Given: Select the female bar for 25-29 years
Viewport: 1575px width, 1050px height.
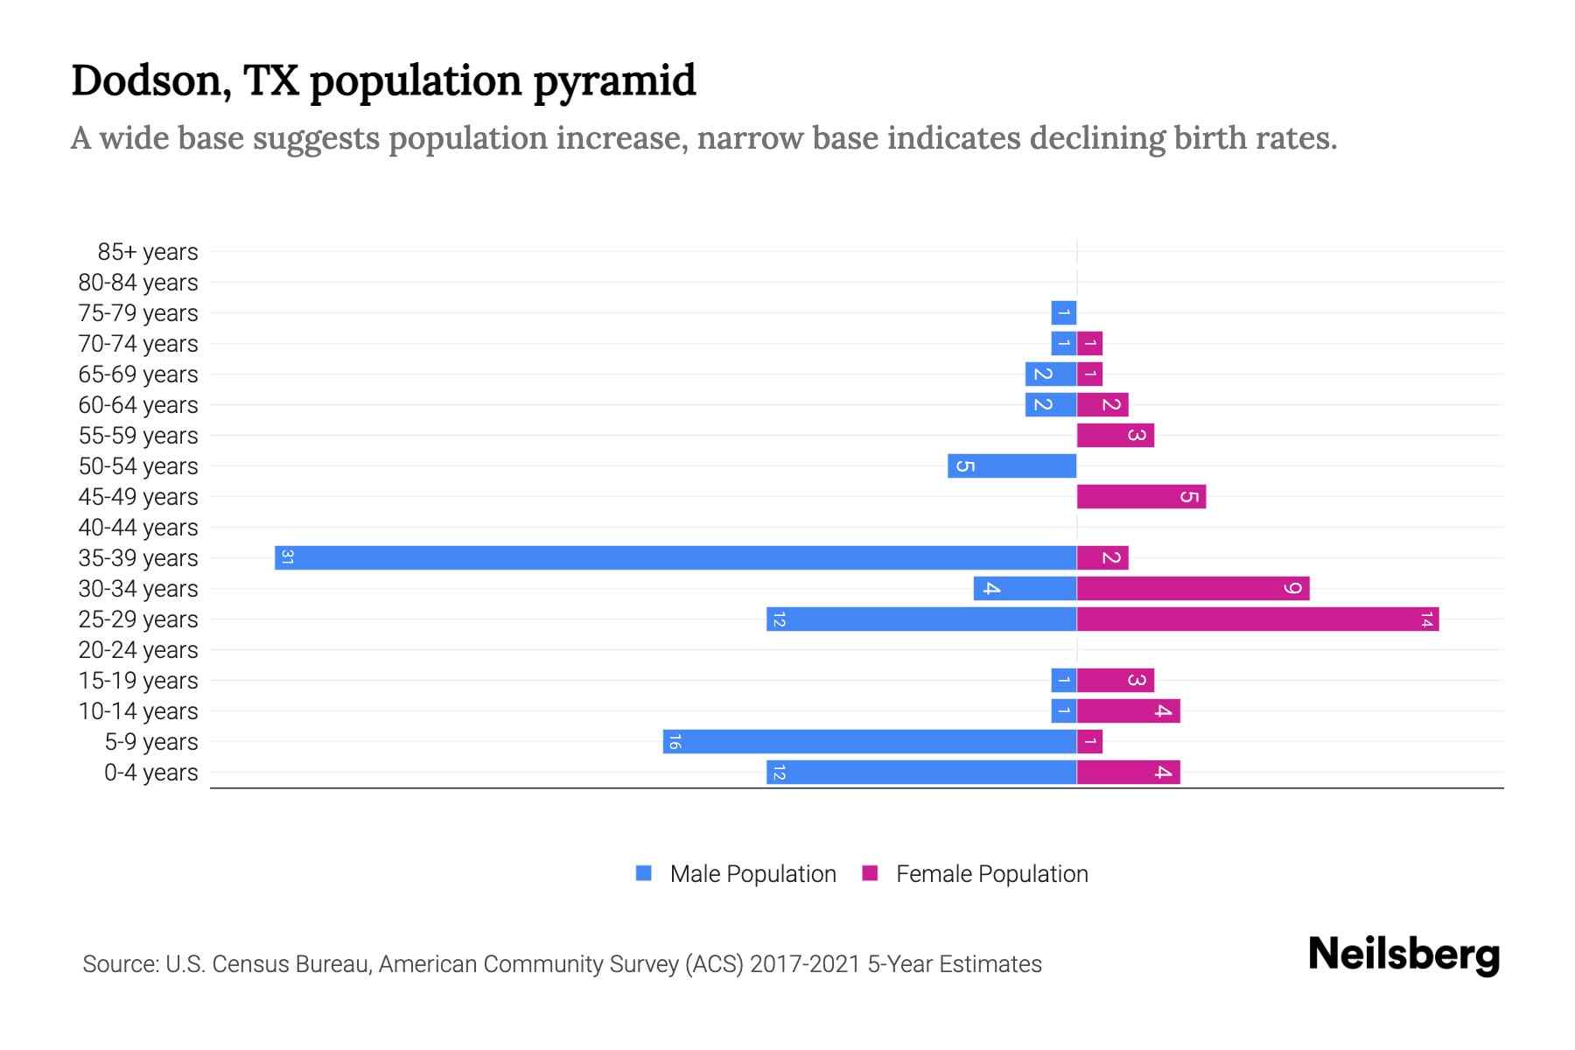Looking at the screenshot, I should (1257, 619).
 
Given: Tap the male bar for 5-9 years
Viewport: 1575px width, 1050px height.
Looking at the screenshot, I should (870, 742).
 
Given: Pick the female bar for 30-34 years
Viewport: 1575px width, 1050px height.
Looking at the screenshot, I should (1193, 589).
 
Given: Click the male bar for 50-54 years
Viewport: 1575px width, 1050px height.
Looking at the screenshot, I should (1011, 466).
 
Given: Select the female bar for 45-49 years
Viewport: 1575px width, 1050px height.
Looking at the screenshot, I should (1141, 497).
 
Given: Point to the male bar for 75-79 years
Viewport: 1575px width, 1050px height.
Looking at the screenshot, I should (1063, 313).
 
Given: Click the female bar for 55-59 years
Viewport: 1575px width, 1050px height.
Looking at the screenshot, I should (1116, 436).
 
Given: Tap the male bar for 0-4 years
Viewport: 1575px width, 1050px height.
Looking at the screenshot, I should (921, 773).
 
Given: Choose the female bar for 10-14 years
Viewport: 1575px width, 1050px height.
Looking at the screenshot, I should (1129, 711).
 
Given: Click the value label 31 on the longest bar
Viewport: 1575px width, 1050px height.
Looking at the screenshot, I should (287, 557).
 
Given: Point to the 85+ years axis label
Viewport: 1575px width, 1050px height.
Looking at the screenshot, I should (148, 252).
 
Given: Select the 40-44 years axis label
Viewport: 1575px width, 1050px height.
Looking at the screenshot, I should (138, 528).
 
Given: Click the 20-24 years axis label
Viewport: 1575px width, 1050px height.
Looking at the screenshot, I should (138, 650).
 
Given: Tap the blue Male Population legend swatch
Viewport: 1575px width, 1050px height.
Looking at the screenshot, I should (644, 873).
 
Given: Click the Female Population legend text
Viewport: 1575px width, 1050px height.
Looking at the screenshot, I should (991, 874).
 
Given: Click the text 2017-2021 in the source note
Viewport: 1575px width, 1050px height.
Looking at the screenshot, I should (805, 964).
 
